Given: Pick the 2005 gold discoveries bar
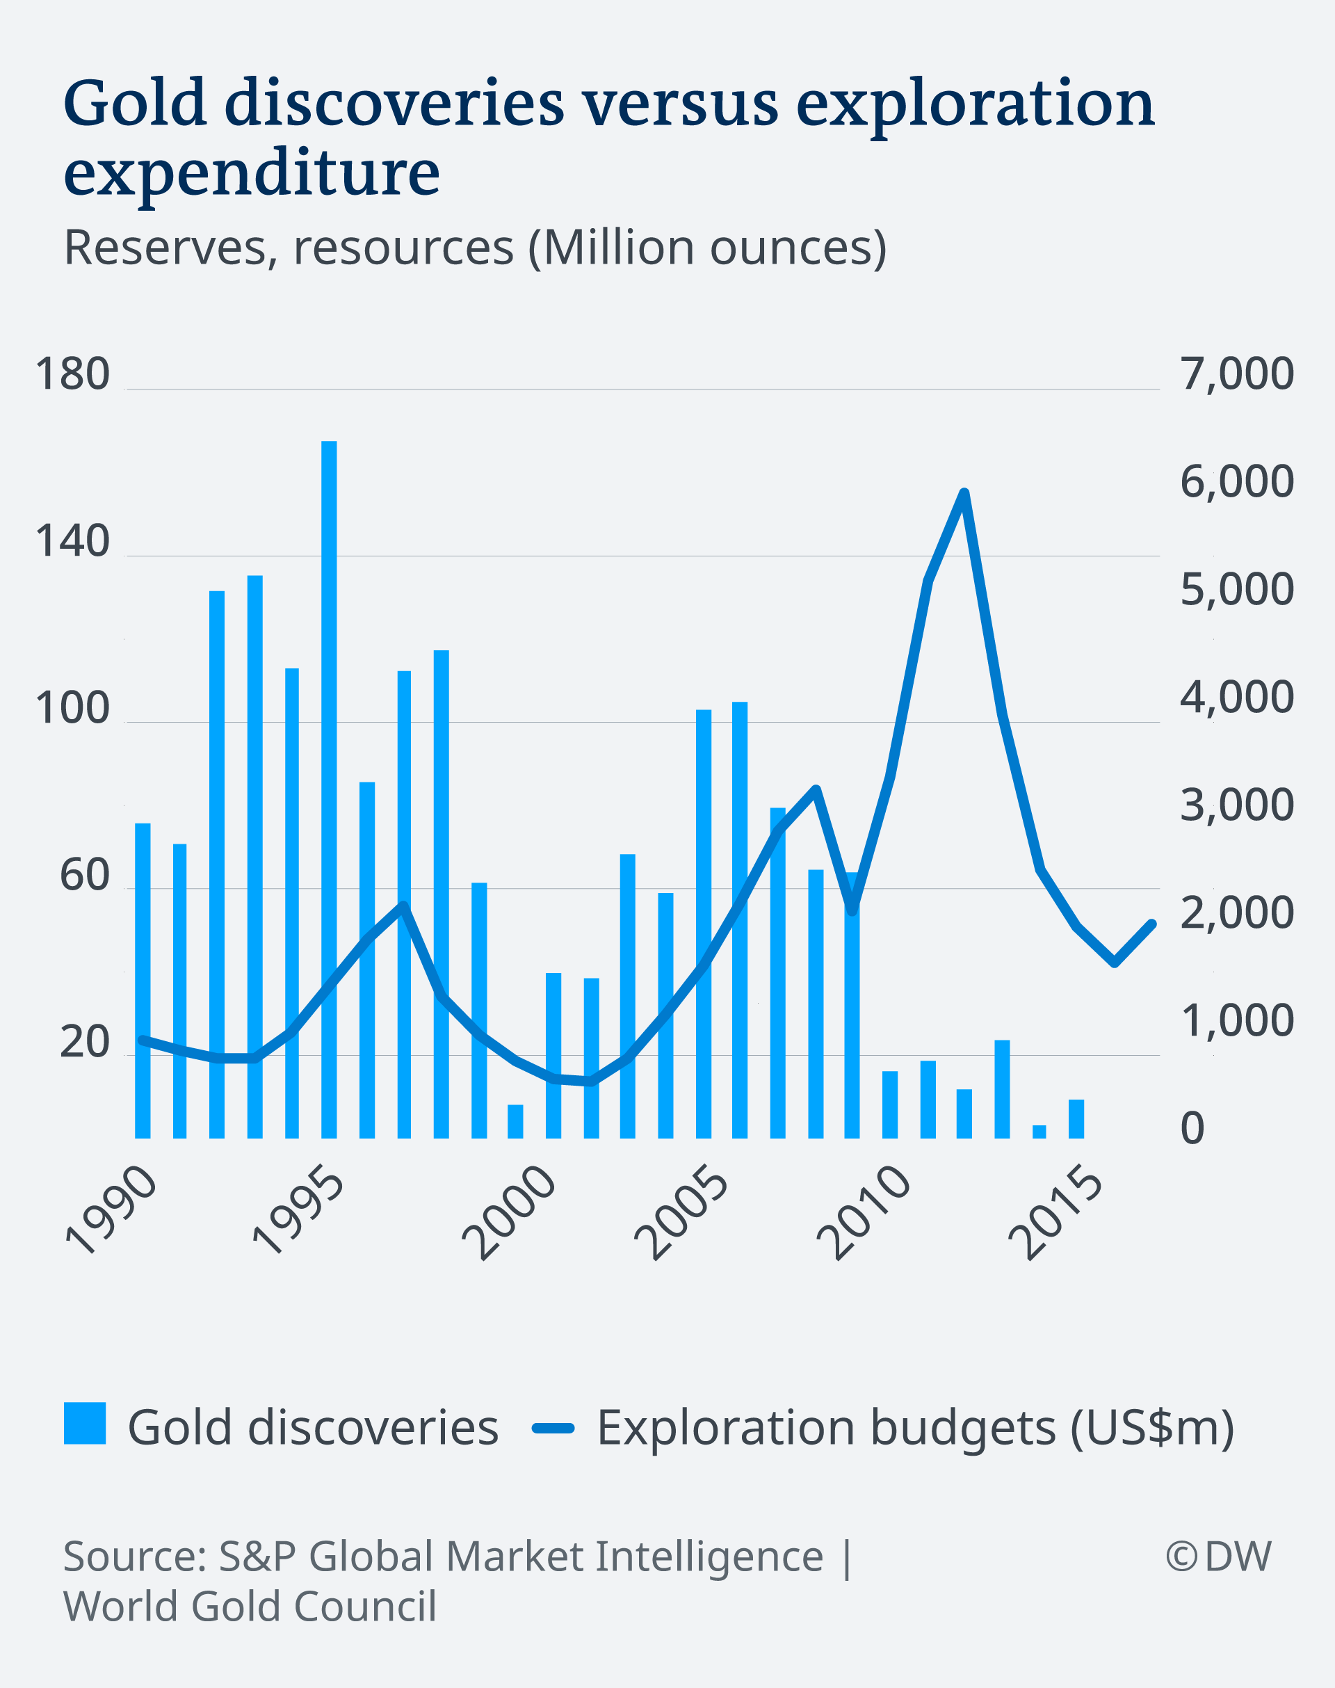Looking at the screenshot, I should pos(704,922).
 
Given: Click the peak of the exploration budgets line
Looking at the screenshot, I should pos(964,492).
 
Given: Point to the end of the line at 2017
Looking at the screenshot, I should pos(1153,924).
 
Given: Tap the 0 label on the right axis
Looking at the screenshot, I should pos(1192,1128).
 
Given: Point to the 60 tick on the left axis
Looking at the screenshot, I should pos(84,875).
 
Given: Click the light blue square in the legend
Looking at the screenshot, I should pos(84,1423).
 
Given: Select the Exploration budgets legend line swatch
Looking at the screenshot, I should pos(553,1429).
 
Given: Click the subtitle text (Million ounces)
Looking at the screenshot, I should pos(707,248).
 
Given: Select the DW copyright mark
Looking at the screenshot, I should pos(1217,1556).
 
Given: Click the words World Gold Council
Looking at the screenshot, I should pos(250,1607).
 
